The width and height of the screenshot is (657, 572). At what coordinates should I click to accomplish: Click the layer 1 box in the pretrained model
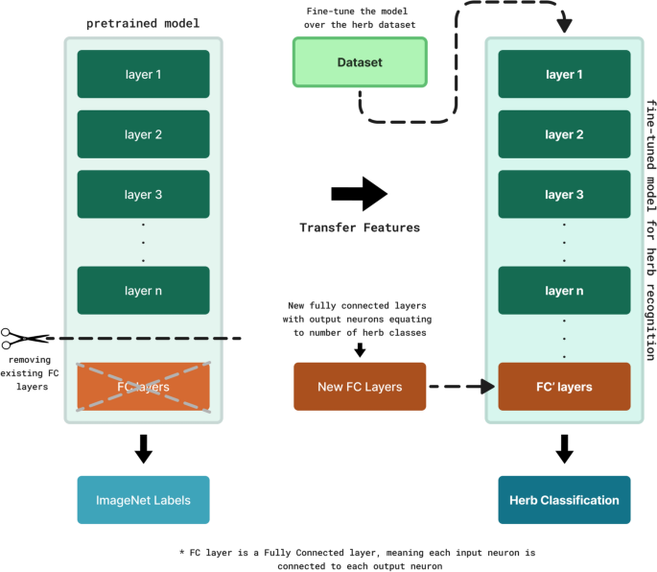click(143, 74)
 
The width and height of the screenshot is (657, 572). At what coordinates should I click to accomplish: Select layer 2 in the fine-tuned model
click(565, 134)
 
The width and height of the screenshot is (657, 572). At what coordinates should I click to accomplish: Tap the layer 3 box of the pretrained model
click(143, 195)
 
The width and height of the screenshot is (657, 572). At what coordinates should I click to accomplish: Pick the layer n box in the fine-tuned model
click(565, 291)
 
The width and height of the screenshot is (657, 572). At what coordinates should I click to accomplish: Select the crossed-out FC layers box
click(143, 388)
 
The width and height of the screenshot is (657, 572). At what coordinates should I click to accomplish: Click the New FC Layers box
click(359, 388)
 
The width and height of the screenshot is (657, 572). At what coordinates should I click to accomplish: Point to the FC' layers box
click(565, 388)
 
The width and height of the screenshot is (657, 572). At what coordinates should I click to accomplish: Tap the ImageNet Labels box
click(143, 500)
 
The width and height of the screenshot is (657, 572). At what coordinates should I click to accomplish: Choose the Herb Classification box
click(565, 500)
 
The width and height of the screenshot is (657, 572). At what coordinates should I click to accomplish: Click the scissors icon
click(24, 339)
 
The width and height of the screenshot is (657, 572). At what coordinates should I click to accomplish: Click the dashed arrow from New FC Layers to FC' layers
click(462, 388)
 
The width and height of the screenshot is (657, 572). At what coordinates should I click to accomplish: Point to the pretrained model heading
click(142, 21)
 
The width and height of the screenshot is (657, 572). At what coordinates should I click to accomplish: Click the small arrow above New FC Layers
click(360, 352)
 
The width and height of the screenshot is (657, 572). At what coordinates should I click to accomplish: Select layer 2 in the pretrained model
click(143, 134)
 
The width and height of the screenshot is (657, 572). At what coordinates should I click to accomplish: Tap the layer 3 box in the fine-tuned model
click(565, 195)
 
